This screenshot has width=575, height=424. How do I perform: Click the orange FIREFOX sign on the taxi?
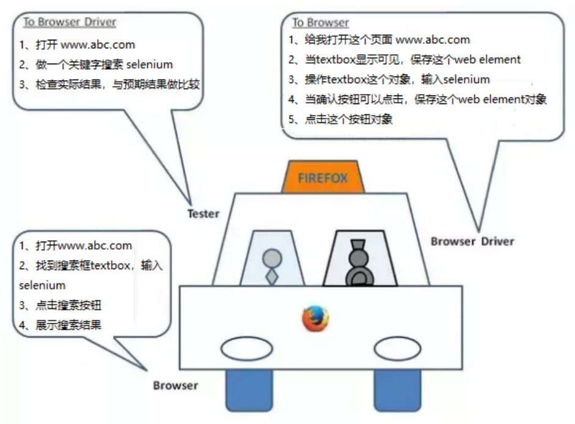tap(323, 178)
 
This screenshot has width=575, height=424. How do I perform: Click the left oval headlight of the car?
tap(246, 350)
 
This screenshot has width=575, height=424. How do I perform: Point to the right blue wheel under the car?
tap(397, 389)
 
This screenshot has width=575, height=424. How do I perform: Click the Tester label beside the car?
tap(203, 214)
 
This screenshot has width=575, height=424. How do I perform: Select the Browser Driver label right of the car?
tap(472, 241)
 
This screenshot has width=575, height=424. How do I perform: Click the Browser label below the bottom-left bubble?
tap(175, 385)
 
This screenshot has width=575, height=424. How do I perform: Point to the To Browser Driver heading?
tap(70, 23)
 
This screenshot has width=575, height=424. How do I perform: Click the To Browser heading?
tap(320, 23)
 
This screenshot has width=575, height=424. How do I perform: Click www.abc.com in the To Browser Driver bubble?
tap(97, 45)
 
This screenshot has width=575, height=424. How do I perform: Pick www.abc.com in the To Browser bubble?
tap(433, 40)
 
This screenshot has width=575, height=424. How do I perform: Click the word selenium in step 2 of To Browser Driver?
tap(149, 64)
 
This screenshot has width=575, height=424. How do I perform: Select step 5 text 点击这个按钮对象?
tap(348, 119)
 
